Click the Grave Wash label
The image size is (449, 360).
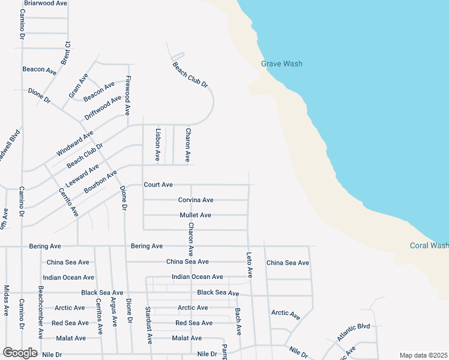tap(282, 64)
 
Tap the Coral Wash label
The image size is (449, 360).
tap(429, 245)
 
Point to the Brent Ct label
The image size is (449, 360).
tap(66, 53)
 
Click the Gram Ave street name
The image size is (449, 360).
tap(78, 85)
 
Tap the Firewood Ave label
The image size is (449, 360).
tap(128, 95)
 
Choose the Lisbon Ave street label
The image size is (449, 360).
tap(158, 145)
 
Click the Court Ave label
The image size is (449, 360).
tap(158, 185)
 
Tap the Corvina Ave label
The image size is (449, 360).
tap(196, 200)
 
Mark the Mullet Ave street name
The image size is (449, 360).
tap(195, 215)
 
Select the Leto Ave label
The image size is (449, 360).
tap(250, 265)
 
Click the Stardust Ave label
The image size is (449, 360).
tap(148, 325)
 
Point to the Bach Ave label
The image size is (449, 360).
tap(238, 322)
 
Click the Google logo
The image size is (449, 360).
tap(20, 353)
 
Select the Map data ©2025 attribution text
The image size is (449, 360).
tap(423, 355)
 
